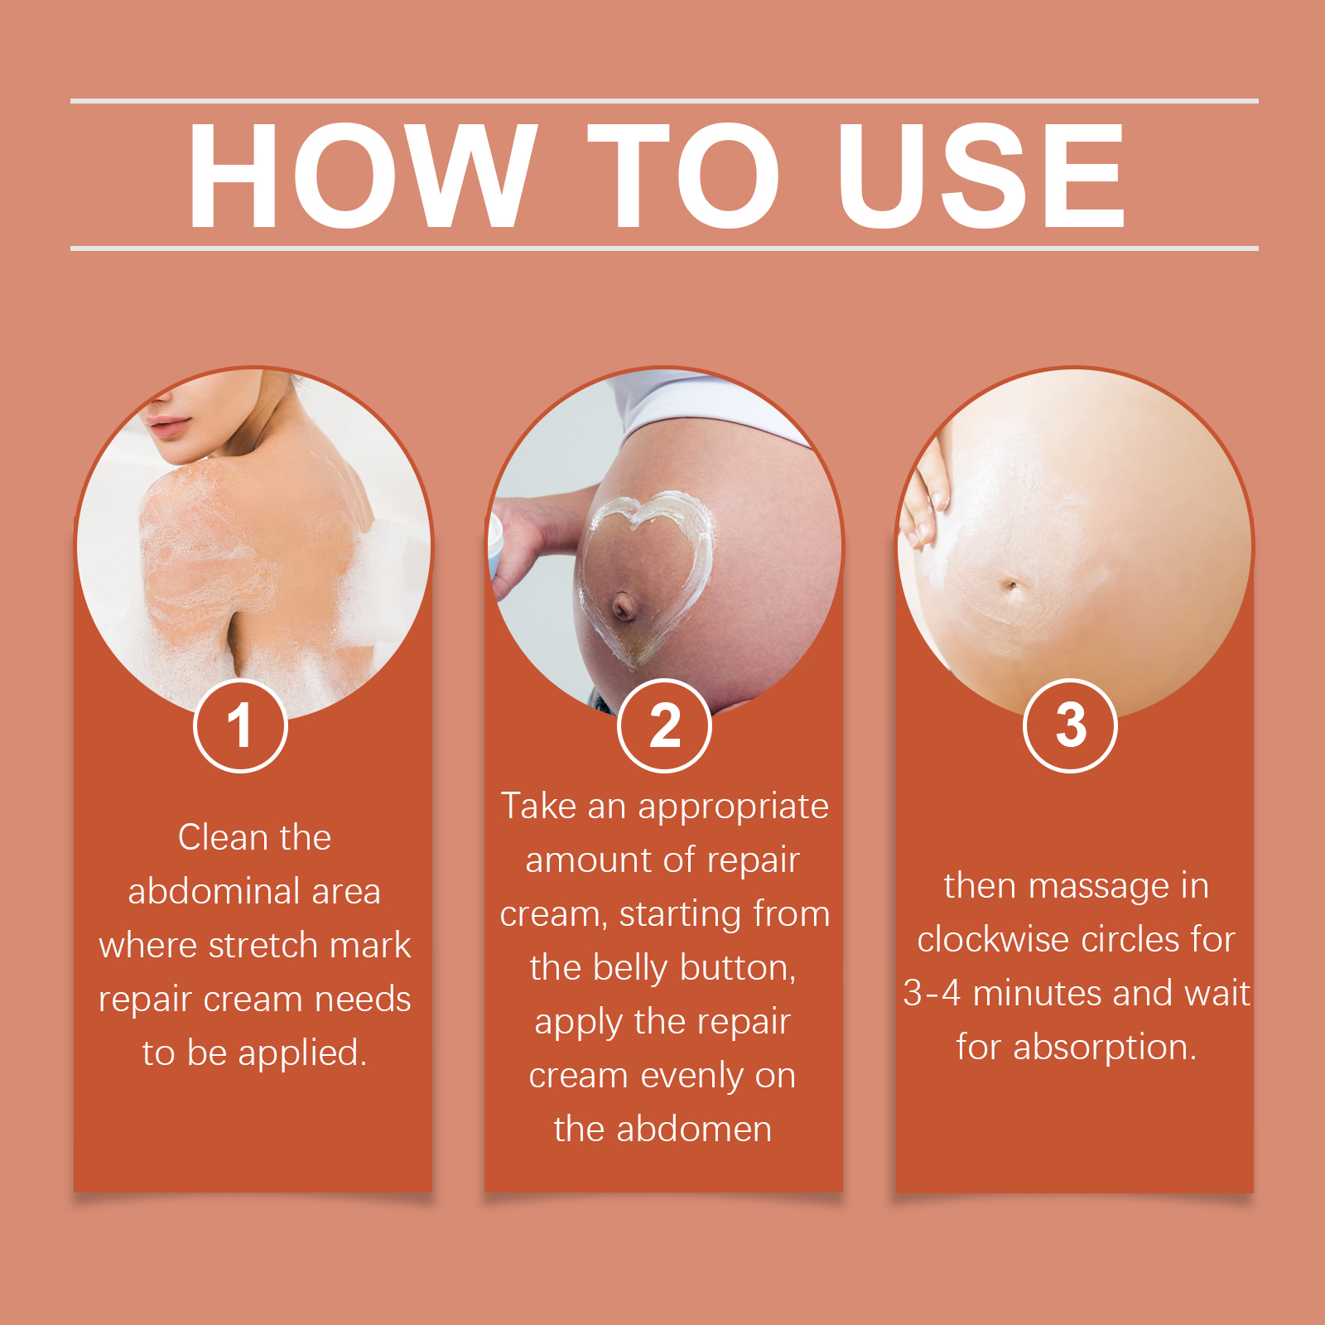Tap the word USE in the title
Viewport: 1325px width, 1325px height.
982,176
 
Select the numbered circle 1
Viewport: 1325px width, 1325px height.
240,726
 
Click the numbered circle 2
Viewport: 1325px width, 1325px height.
664,726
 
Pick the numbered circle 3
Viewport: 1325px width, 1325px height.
1071,726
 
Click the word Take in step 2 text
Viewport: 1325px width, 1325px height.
538,806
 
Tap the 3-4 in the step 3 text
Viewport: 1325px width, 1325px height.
932,993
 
